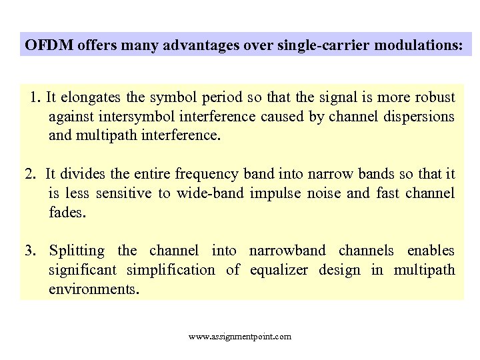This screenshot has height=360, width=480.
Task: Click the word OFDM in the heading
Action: click(x=49, y=45)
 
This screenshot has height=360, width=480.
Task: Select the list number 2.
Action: click(x=30, y=175)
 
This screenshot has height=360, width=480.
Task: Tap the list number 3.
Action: click(x=30, y=251)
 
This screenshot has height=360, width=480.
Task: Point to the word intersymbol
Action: click(x=129, y=117)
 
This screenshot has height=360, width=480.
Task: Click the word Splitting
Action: click(x=77, y=251)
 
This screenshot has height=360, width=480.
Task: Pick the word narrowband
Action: click(x=287, y=251)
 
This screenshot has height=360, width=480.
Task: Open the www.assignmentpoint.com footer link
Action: click(x=240, y=337)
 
